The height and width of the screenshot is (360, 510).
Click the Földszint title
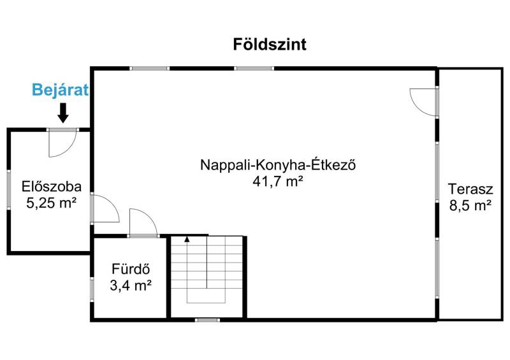click(270, 45)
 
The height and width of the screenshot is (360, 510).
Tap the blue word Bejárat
click(60, 90)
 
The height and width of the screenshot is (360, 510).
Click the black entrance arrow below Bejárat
click(63, 113)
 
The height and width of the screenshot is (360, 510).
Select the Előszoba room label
click(52, 187)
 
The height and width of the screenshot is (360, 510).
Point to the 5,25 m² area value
click(52, 203)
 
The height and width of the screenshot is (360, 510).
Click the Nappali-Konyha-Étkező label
click(278, 164)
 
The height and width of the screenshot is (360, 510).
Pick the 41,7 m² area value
click(278, 182)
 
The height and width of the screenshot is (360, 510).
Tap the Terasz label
click(470, 189)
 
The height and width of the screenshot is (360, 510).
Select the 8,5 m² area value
click(470, 206)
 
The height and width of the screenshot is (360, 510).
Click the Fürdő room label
click(131, 269)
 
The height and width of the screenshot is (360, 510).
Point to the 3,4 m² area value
click(131, 285)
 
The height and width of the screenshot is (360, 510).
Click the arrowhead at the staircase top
click(187, 239)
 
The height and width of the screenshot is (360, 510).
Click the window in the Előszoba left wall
click(9, 190)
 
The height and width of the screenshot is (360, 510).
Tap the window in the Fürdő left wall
click(92, 289)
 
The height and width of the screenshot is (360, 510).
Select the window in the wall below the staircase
click(207, 320)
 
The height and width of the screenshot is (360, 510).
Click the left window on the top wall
click(150, 69)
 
